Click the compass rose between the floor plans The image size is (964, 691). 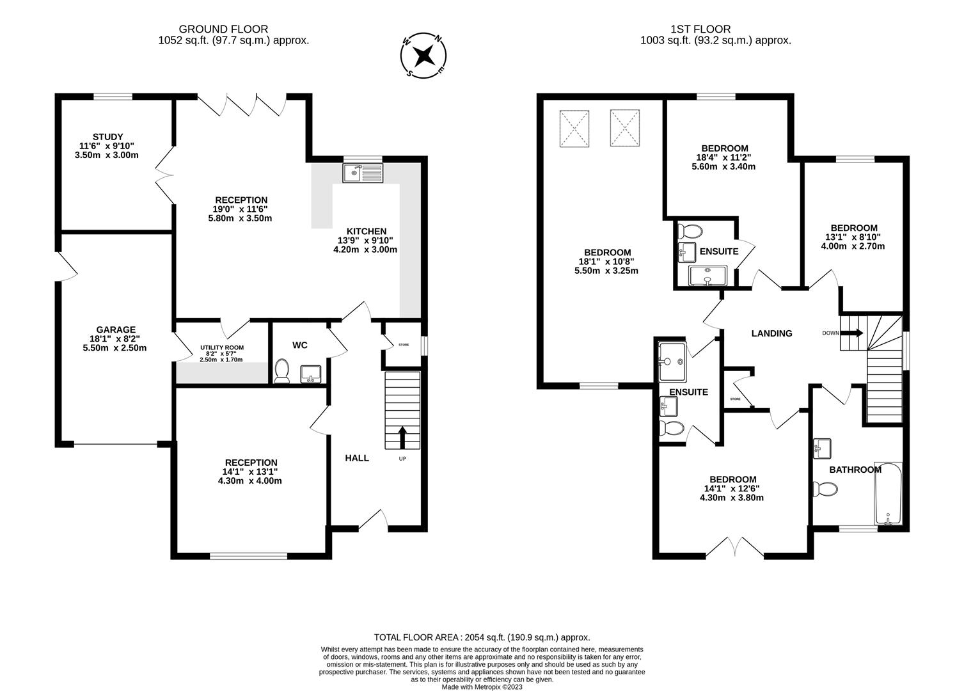tap(422, 56)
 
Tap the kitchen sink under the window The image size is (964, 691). tap(362, 173)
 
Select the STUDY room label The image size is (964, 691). tap(107, 137)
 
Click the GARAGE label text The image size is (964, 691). tap(116, 330)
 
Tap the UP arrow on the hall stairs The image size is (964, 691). tap(402, 438)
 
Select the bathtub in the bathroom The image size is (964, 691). tap(888, 494)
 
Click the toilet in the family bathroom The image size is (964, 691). tap(825, 489)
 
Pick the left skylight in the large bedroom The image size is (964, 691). tap(574, 129)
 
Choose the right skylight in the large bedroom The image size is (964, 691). tap(624, 129)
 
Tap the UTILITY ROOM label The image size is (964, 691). tap(221, 347)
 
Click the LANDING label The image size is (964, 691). tap(771, 333)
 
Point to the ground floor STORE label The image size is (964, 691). tap(404, 345)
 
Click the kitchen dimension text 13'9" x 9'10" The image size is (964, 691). tap(365, 241)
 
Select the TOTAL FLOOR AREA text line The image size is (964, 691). tap(482, 637)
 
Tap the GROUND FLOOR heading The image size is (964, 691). tap(223, 29)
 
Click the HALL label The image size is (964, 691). tap(357, 458)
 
